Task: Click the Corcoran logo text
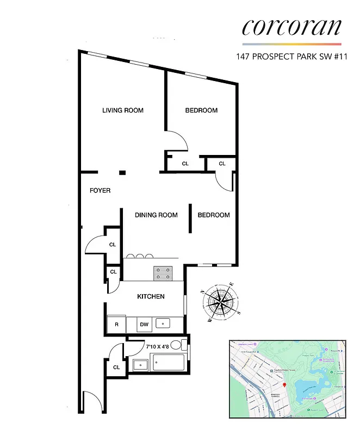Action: (292, 27)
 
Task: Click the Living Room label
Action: (123, 110)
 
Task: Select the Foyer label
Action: (100, 191)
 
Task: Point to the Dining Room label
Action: (156, 215)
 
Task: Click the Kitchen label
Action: (151, 296)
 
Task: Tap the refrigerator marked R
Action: (116, 325)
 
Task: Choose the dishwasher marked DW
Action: (144, 325)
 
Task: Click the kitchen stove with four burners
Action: (163, 273)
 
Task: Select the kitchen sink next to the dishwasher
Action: (163, 324)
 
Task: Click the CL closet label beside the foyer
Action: (113, 245)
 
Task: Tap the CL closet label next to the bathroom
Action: (116, 368)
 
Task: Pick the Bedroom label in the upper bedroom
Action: (201, 110)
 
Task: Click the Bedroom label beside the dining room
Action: (213, 215)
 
